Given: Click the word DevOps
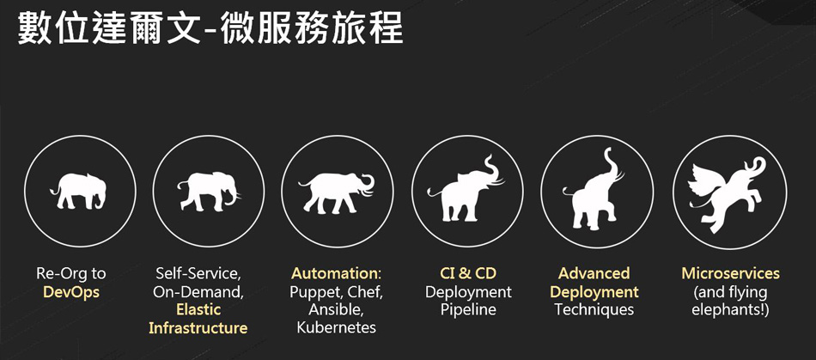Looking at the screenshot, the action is tap(71, 291).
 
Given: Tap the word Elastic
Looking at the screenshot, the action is tap(198, 309).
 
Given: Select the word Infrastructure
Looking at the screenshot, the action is tap(198, 327).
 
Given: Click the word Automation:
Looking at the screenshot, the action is tap(336, 273).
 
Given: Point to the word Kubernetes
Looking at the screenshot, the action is tap(336, 327).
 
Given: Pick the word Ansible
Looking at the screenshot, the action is tap(336, 310).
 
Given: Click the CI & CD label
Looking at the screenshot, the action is tap(468, 273).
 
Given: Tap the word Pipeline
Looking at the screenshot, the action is tap(468, 310).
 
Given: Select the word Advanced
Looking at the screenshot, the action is tap(594, 273).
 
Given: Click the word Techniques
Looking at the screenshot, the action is tap(594, 309).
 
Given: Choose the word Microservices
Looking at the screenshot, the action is tap(731, 273).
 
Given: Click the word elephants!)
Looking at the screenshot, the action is tap(731, 310).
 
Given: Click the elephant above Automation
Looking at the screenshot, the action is tap(336, 192).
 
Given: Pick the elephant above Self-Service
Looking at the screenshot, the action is tap(208, 191).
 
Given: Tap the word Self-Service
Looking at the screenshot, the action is tap(198, 273).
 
